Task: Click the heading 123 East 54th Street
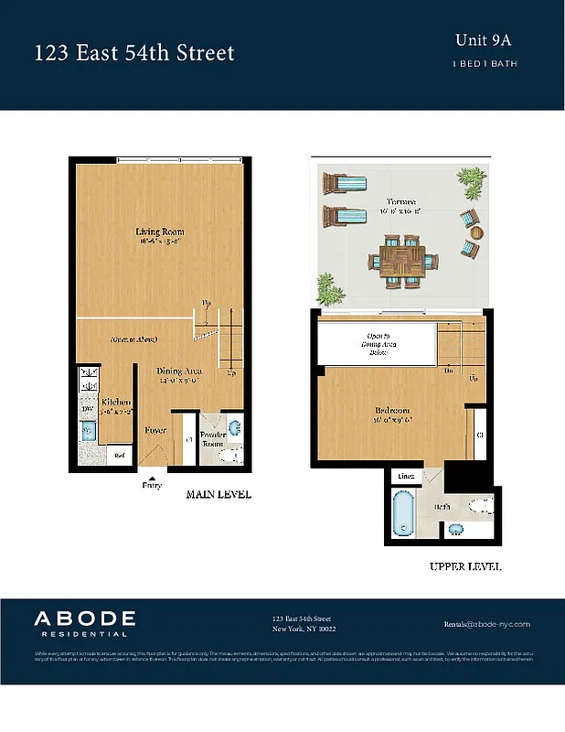134,53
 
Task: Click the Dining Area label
180,370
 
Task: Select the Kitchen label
116,402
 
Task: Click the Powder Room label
213,438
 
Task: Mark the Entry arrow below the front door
152,477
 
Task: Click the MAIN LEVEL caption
219,494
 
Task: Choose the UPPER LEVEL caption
465,566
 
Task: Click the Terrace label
400,201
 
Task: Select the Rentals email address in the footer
486,622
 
